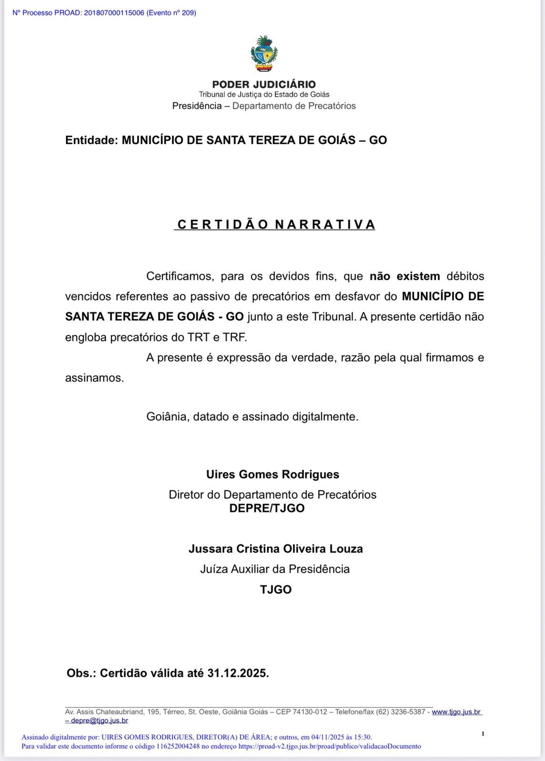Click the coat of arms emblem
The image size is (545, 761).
point(264,54)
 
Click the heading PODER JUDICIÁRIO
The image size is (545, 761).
point(264,85)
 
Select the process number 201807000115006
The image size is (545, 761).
point(114,13)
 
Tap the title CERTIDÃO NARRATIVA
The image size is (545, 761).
point(275,224)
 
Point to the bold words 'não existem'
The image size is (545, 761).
point(405,276)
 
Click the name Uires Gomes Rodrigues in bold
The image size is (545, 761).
point(272,475)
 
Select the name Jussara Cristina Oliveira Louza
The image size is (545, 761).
point(275,549)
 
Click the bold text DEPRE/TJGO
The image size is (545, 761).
point(267,508)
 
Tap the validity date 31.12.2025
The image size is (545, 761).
point(238,673)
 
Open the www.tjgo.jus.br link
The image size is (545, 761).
point(456,712)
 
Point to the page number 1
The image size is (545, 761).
point(483,734)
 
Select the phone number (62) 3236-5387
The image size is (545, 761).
point(400,712)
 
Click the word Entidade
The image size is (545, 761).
point(91,140)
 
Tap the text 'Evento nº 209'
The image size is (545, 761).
point(171,13)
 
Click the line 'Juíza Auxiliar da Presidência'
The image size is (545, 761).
point(275,569)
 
